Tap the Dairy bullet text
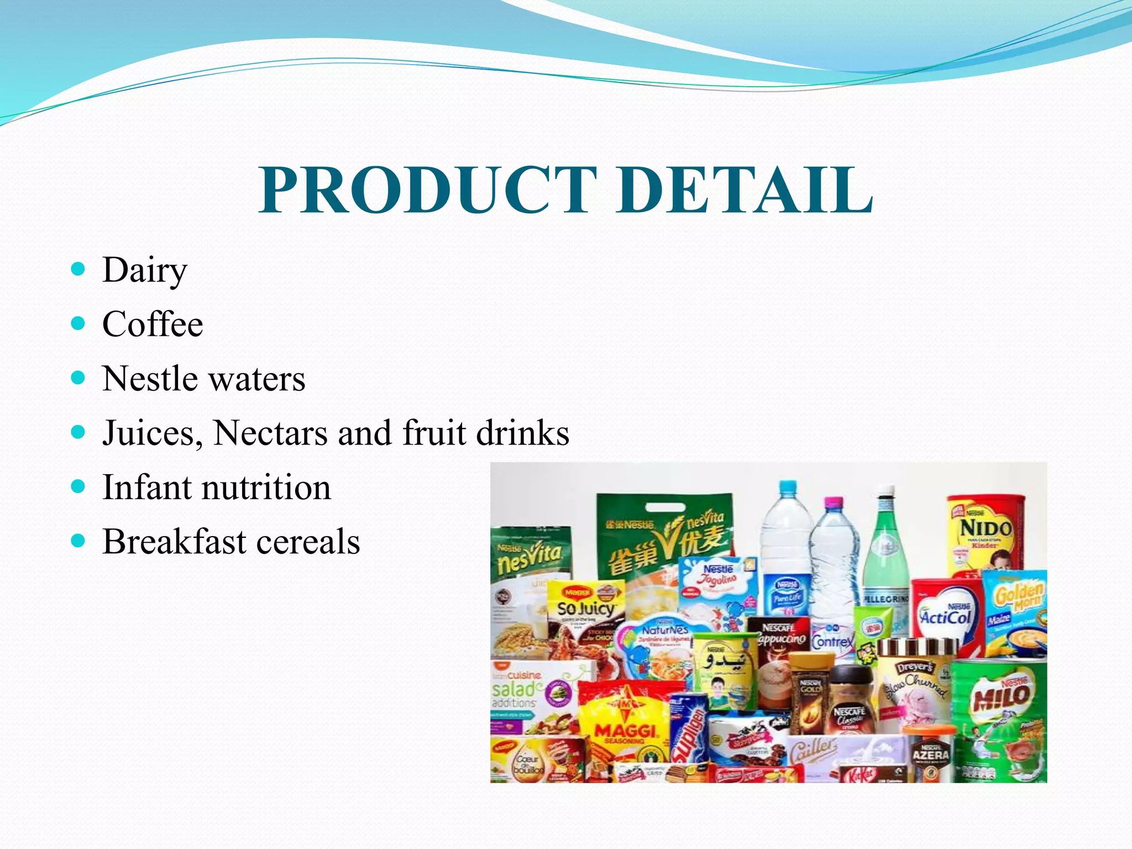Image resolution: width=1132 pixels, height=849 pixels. (145, 271)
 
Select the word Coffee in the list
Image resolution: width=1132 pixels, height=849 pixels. (153, 324)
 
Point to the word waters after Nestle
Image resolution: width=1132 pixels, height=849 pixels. (257, 379)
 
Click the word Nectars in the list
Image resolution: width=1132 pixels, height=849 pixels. (271, 433)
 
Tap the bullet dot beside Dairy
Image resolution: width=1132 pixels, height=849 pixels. (78, 269)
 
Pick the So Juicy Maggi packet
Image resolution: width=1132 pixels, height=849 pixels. (586, 608)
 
